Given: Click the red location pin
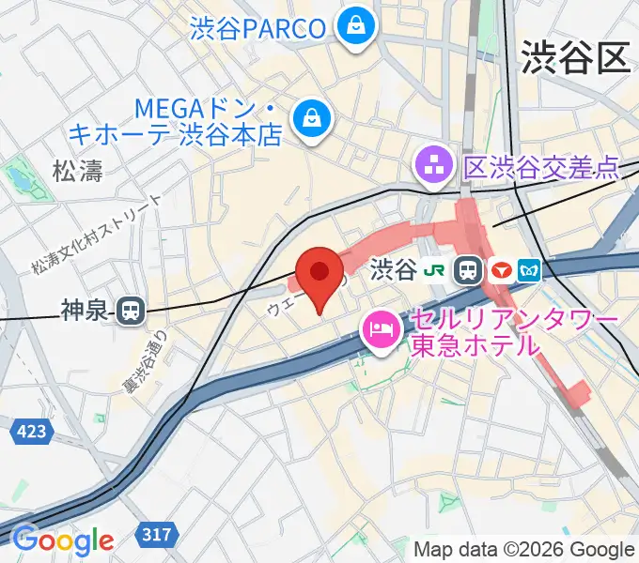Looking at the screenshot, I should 319,273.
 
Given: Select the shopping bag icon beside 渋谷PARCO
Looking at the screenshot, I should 357,25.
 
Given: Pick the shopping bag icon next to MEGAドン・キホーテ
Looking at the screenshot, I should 309,118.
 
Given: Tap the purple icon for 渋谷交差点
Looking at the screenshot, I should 435,168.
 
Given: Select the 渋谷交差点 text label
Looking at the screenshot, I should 541,168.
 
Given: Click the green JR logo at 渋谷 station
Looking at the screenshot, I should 436,270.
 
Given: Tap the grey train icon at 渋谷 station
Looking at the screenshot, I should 466,270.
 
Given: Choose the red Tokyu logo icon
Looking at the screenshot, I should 501,270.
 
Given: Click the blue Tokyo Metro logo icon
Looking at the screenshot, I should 532,270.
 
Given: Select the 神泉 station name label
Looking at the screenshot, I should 86,310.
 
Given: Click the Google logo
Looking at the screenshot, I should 62,540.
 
